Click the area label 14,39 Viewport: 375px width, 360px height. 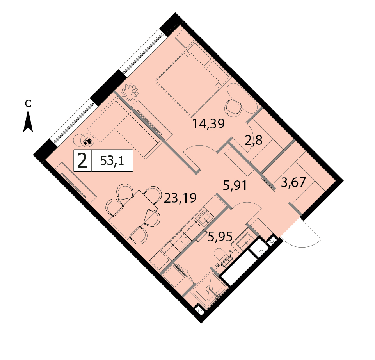[x=208, y=124]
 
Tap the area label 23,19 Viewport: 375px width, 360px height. [x=180, y=198]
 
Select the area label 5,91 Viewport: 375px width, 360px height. [x=235, y=185]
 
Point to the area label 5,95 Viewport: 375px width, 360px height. [x=220, y=237]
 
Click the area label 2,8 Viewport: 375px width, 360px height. [x=254, y=141]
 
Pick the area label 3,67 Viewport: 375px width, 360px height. [x=293, y=183]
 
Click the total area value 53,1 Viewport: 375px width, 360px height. [x=112, y=160]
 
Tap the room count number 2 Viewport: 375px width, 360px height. [x=82, y=160]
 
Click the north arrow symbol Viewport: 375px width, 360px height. [x=28, y=121]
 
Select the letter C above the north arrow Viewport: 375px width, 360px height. [x=28, y=103]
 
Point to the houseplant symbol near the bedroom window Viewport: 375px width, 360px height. [x=130, y=92]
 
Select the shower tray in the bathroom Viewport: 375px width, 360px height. [x=210, y=289]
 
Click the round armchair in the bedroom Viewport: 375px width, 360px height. [x=233, y=108]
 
